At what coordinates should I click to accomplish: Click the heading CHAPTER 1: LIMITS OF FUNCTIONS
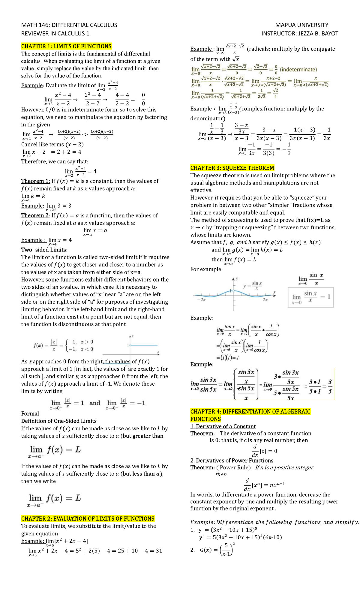point(66,46)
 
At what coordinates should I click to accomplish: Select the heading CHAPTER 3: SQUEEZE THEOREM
point(232,168)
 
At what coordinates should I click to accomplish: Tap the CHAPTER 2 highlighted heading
point(88,519)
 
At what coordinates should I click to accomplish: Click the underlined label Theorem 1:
point(35,181)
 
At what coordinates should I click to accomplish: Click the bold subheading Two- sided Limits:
point(44,250)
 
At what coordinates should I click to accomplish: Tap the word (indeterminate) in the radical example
point(298,70)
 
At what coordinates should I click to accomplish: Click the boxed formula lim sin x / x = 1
point(310,297)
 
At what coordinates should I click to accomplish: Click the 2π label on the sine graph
point(265,300)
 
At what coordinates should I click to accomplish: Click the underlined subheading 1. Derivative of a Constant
point(223,426)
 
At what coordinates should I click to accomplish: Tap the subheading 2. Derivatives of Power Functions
point(232,460)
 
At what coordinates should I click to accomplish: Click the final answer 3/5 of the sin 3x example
point(330,387)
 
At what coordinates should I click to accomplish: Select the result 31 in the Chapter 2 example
point(159,551)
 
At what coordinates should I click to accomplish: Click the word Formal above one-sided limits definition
point(30,414)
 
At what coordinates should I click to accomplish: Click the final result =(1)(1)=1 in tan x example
point(227,358)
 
